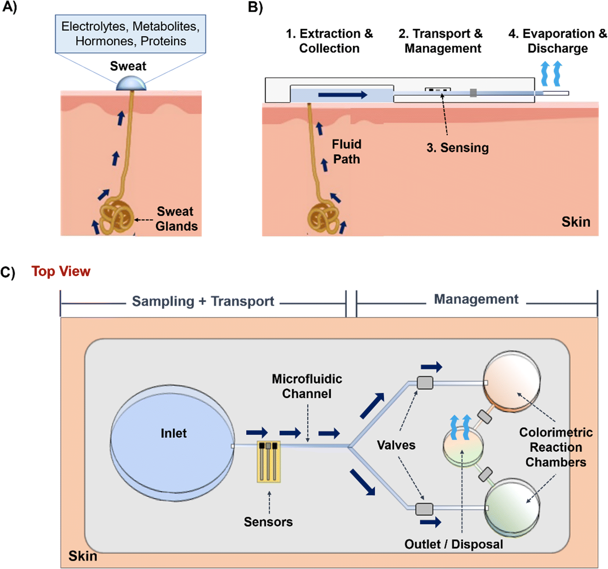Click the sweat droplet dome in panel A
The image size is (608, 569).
tap(131, 84)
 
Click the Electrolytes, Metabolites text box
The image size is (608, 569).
tap(130, 34)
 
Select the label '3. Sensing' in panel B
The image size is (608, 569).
tap(457, 148)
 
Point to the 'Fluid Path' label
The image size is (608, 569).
tap(346, 152)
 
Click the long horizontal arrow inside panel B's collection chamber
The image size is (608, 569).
tap(342, 95)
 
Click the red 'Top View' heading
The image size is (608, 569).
tap(61, 272)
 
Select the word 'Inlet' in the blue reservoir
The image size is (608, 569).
tap(174, 433)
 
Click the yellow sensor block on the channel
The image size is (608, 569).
tap(269, 462)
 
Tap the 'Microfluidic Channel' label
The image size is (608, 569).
tap(307, 386)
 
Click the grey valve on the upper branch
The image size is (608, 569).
tap(425, 383)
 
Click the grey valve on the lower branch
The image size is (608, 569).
tap(424, 509)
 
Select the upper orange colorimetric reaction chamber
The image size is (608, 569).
tap(512, 381)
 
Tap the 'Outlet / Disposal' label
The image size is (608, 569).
tap(453, 544)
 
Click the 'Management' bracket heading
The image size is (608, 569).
tap(476, 299)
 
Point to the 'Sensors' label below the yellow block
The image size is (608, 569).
tap(268, 522)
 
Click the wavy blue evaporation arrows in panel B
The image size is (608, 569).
tap(551, 73)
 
